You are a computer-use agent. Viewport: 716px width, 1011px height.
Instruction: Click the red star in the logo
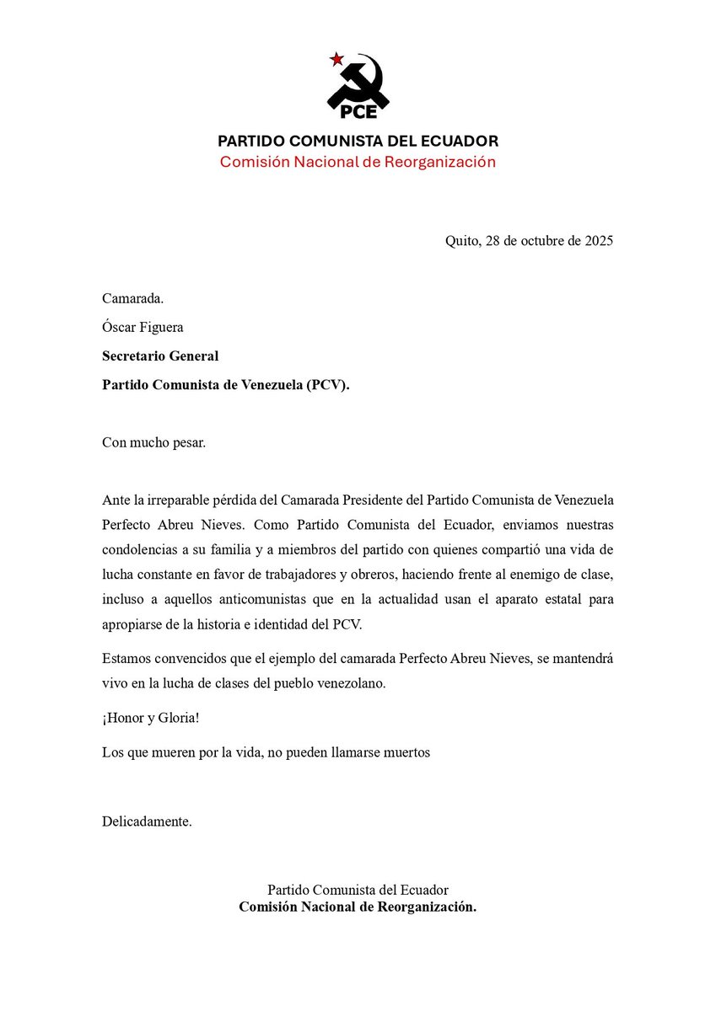coord(336,59)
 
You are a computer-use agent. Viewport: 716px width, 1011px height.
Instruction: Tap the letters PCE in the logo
coord(358,110)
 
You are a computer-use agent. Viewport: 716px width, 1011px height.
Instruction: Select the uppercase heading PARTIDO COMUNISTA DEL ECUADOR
coord(358,141)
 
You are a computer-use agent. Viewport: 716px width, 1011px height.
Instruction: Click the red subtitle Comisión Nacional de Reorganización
coord(358,162)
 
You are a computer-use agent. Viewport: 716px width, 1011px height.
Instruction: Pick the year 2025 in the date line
coord(596,241)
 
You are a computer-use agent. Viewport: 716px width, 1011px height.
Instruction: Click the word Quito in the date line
coord(462,241)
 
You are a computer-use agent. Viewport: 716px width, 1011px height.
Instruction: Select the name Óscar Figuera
coord(143,327)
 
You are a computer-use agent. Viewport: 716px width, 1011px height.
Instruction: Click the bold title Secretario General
coord(160,356)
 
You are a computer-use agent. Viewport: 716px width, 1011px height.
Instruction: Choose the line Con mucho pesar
coord(153,442)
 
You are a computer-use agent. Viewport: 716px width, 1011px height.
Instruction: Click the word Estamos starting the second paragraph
coord(128,659)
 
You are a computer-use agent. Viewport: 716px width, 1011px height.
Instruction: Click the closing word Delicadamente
coord(147,821)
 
